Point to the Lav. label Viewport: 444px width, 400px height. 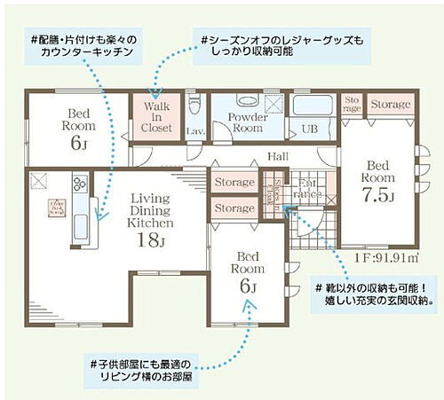(x=196, y=131)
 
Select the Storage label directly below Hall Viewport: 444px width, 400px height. (x=234, y=183)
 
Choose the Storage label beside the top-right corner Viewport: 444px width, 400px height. (x=390, y=105)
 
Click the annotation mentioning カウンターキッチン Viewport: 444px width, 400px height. (x=85, y=47)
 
